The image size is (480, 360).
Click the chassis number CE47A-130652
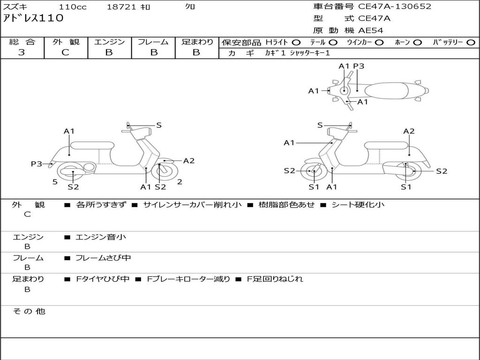395,7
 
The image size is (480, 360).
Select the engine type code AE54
371,30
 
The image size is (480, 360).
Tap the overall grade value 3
22,52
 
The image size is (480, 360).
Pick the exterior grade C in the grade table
65,52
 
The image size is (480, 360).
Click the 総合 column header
22,42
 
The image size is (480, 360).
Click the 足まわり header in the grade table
197,42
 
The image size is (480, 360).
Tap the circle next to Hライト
296,43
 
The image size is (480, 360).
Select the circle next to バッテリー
471,43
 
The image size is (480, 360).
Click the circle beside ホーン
418,43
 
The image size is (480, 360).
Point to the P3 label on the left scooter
37,164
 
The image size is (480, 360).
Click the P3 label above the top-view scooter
359,66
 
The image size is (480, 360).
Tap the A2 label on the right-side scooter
409,131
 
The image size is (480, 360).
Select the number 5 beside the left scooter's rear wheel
55,182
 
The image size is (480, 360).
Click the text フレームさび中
103,258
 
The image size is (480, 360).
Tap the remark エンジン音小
101,237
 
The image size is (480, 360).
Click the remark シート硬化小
358,205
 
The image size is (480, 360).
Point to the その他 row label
29,311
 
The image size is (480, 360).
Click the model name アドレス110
33,18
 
